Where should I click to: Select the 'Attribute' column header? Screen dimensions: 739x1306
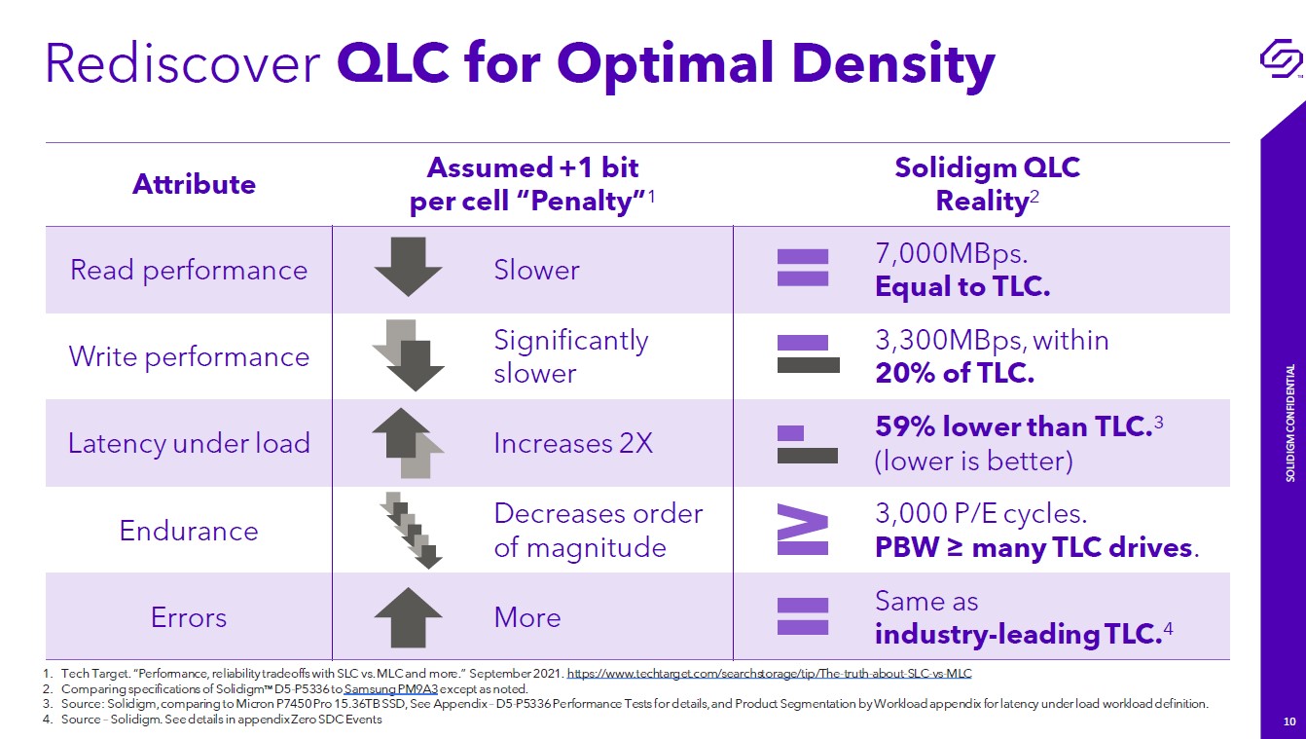[x=194, y=184]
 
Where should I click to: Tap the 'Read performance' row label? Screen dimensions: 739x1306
[x=189, y=270]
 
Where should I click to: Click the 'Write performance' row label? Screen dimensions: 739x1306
[x=189, y=356]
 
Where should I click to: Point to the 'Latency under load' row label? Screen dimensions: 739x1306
[x=189, y=444]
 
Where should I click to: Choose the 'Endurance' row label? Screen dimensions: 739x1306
[x=189, y=531]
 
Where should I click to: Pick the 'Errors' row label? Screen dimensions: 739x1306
[x=189, y=617]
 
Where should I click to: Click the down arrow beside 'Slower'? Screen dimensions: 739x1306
[x=408, y=266]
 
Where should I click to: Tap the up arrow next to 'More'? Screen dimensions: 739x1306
[x=408, y=616]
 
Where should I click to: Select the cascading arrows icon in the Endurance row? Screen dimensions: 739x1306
[x=410, y=530]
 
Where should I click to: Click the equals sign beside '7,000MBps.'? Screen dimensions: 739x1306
[x=803, y=268]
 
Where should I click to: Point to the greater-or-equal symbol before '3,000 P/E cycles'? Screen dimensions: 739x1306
[x=804, y=530]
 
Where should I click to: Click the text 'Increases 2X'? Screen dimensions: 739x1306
[x=573, y=444]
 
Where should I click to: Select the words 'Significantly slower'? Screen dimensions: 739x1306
[x=570, y=356]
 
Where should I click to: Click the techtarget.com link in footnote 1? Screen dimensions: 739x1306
[x=769, y=673]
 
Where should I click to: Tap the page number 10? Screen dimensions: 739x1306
[x=1289, y=721]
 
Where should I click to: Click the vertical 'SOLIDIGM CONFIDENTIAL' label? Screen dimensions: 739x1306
[x=1290, y=424]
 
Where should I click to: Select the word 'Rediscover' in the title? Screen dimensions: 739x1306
[x=183, y=63]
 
